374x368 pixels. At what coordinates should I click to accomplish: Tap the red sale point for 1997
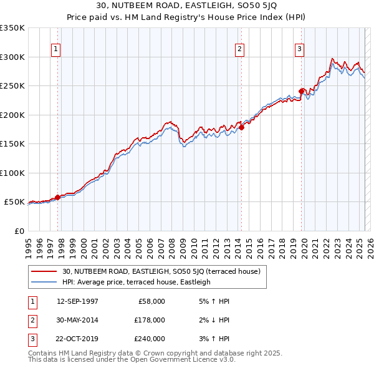pyautogui.click(x=57, y=197)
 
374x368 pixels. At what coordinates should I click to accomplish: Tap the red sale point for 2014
pyautogui.click(x=241, y=128)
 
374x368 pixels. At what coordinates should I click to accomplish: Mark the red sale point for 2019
pyautogui.click(x=301, y=92)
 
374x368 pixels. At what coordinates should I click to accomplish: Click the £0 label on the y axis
pyautogui.click(x=19, y=231)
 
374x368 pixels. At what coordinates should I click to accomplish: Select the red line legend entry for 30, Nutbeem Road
pyautogui.click(x=165, y=271)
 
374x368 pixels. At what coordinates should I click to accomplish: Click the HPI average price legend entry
pyautogui.click(x=137, y=282)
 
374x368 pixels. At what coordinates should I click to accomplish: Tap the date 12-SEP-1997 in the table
pyautogui.click(x=77, y=301)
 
